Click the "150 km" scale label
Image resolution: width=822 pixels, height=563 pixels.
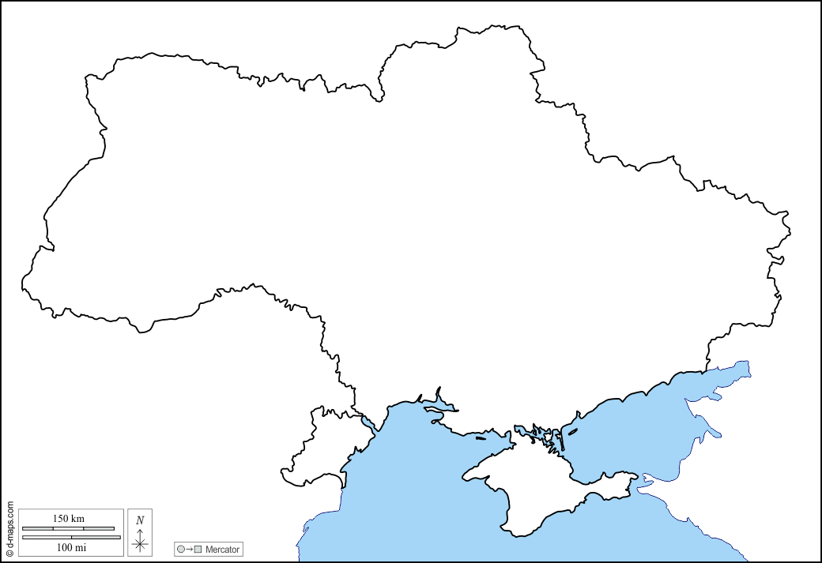click(x=68, y=518)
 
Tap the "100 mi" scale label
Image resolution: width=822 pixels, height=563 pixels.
click(x=71, y=546)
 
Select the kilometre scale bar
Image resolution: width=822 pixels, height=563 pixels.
click(x=68, y=528)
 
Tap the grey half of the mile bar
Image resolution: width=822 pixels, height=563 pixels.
click(x=96, y=537)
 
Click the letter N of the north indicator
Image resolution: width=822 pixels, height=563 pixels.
click(x=140, y=520)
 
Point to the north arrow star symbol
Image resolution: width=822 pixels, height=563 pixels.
click(x=140, y=542)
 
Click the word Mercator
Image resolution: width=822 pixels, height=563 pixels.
click(x=222, y=549)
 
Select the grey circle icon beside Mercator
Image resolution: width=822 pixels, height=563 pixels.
click(x=181, y=549)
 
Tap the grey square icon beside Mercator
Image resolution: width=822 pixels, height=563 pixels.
click(x=198, y=549)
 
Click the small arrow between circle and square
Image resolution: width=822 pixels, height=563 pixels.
click(x=190, y=549)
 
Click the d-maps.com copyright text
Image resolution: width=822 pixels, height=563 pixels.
click(x=9, y=524)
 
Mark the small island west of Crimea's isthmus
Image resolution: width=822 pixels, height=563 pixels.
click(x=481, y=437)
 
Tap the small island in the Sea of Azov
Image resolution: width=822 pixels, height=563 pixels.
click(x=574, y=431)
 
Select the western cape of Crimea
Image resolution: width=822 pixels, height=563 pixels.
click(x=465, y=476)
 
